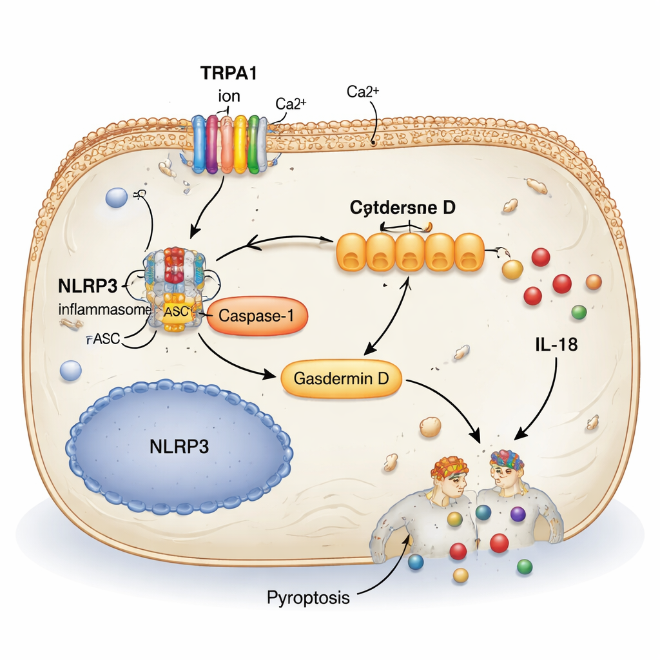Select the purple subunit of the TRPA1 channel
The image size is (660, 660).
click(x=212, y=144)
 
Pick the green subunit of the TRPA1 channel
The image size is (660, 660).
click(x=254, y=144)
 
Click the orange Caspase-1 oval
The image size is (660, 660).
click(x=258, y=316)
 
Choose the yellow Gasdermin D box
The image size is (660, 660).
click(x=341, y=378)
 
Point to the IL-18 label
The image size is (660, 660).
click(x=555, y=345)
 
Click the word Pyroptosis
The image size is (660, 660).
click(x=308, y=597)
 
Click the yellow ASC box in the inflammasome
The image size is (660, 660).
click(x=175, y=311)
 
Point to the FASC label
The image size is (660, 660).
click(x=102, y=339)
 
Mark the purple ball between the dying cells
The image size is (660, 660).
click(x=518, y=514)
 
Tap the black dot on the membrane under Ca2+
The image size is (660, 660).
click(x=374, y=143)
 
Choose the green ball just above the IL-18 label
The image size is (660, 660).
click(x=579, y=312)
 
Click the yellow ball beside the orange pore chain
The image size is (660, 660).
click(x=512, y=269)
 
